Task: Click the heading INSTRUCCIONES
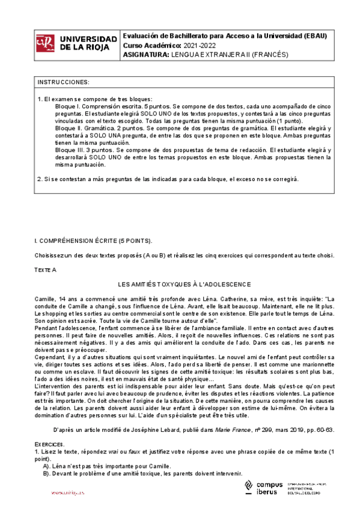[64, 82]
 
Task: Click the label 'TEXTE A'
[45, 270]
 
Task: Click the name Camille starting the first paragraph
[44, 298]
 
